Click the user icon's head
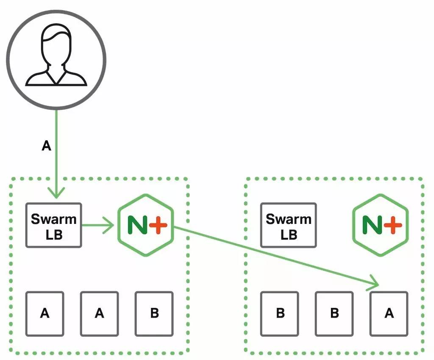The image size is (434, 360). [56, 44]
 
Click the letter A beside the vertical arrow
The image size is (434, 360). [47, 146]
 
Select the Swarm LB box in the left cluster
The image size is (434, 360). [54, 225]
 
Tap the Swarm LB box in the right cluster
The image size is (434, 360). [288, 225]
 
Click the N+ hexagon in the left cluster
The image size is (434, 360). [146, 225]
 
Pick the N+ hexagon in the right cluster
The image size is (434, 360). [381, 225]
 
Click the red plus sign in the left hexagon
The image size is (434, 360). [159, 225]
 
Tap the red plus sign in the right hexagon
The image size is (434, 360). [393, 225]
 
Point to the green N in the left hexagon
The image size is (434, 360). [137, 225]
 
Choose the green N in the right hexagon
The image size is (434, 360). [372, 225]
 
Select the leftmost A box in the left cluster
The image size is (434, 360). [45, 314]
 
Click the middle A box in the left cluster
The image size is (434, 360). [99, 314]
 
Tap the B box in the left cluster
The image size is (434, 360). [154, 314]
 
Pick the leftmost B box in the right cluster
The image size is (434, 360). [280, 314]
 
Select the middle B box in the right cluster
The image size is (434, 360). [334, 314]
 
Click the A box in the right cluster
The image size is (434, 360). [389, 314]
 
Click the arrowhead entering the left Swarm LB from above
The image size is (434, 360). [56, 193]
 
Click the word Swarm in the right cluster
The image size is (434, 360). [288, 219]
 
